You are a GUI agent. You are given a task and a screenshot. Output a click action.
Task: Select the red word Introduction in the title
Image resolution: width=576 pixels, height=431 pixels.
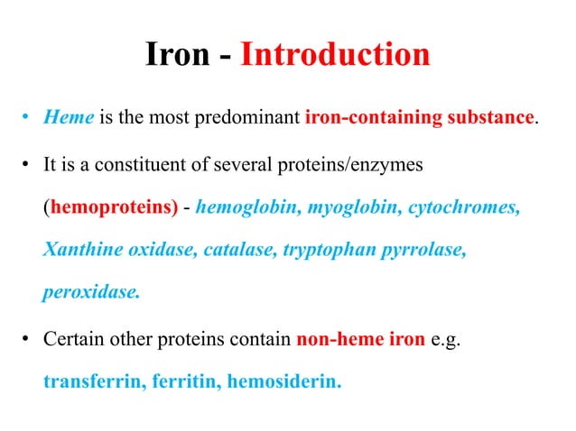335,55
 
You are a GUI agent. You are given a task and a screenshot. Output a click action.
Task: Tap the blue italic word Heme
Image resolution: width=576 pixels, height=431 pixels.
63,118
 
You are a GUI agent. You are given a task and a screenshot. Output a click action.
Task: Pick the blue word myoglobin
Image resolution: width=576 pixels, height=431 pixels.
354,207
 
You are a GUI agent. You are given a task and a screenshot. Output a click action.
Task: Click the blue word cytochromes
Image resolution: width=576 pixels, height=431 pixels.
465,207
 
